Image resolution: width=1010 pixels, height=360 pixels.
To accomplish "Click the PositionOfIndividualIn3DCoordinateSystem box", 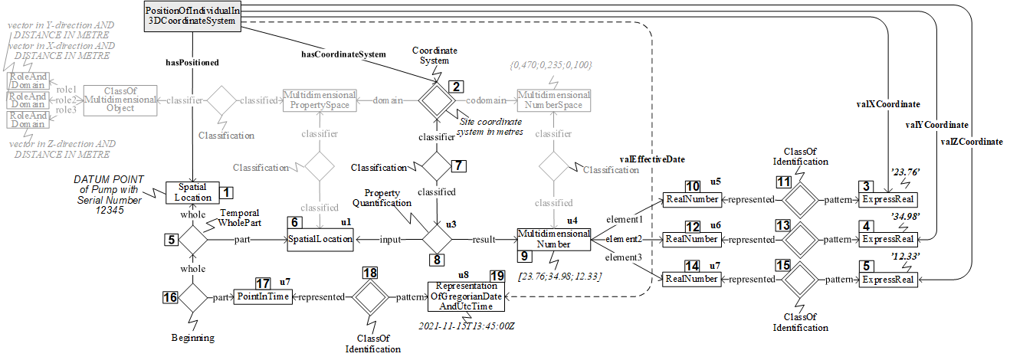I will (192, 16).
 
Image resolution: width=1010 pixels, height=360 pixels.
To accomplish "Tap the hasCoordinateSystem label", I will (343, 54).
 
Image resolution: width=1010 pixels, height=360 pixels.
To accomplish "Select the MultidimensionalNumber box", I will (553, 239).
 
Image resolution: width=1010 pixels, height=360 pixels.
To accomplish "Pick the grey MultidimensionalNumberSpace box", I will (553, 100).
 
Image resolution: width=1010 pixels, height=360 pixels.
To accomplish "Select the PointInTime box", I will (264, 297).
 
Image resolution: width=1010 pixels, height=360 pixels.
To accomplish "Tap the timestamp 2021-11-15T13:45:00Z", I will (466, 326).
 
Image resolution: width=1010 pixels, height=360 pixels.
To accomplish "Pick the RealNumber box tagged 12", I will (692, 240).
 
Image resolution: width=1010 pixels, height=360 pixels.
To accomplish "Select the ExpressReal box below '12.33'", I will (887, 280).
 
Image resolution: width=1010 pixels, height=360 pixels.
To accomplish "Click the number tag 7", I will (457, 165).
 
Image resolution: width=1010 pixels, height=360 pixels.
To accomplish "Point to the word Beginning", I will (192, 337).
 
